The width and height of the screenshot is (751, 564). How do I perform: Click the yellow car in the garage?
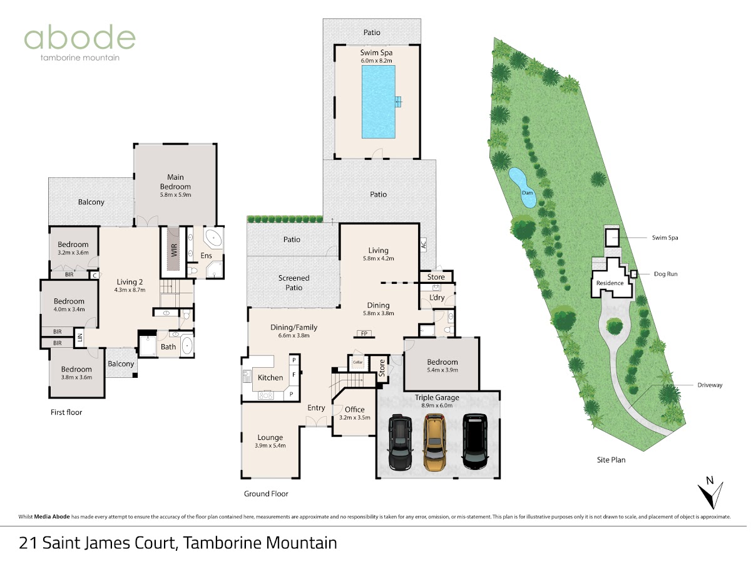tap(434, 442)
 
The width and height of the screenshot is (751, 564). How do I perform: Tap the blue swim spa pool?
tap(379, 102)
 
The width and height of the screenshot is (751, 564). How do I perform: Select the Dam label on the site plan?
tap(527, 193)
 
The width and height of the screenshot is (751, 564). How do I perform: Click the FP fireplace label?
tap(364, 333)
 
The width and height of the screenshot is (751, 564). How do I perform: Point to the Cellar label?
tap(357, 362)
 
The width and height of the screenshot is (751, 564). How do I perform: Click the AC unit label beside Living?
tap(424, 244)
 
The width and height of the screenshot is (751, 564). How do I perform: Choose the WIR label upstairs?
tap(174, 250)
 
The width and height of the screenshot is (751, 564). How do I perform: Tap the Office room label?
tap(355, 410)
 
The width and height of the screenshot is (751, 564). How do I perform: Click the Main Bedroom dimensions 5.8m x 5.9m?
tap(175, 195)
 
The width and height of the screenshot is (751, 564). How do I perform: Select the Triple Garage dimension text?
tap(437, 405)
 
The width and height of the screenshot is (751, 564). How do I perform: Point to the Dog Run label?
tap(665, 274)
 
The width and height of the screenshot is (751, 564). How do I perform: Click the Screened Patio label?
tap(294, 283)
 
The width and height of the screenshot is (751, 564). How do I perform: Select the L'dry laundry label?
tap(437, 298)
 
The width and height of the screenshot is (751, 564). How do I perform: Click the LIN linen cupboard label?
tap(80, 338)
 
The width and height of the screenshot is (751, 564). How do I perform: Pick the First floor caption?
tap(66, 412)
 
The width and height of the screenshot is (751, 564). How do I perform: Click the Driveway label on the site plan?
tap(710, 385)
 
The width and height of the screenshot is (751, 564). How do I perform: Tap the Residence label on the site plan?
tap(610, 283)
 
